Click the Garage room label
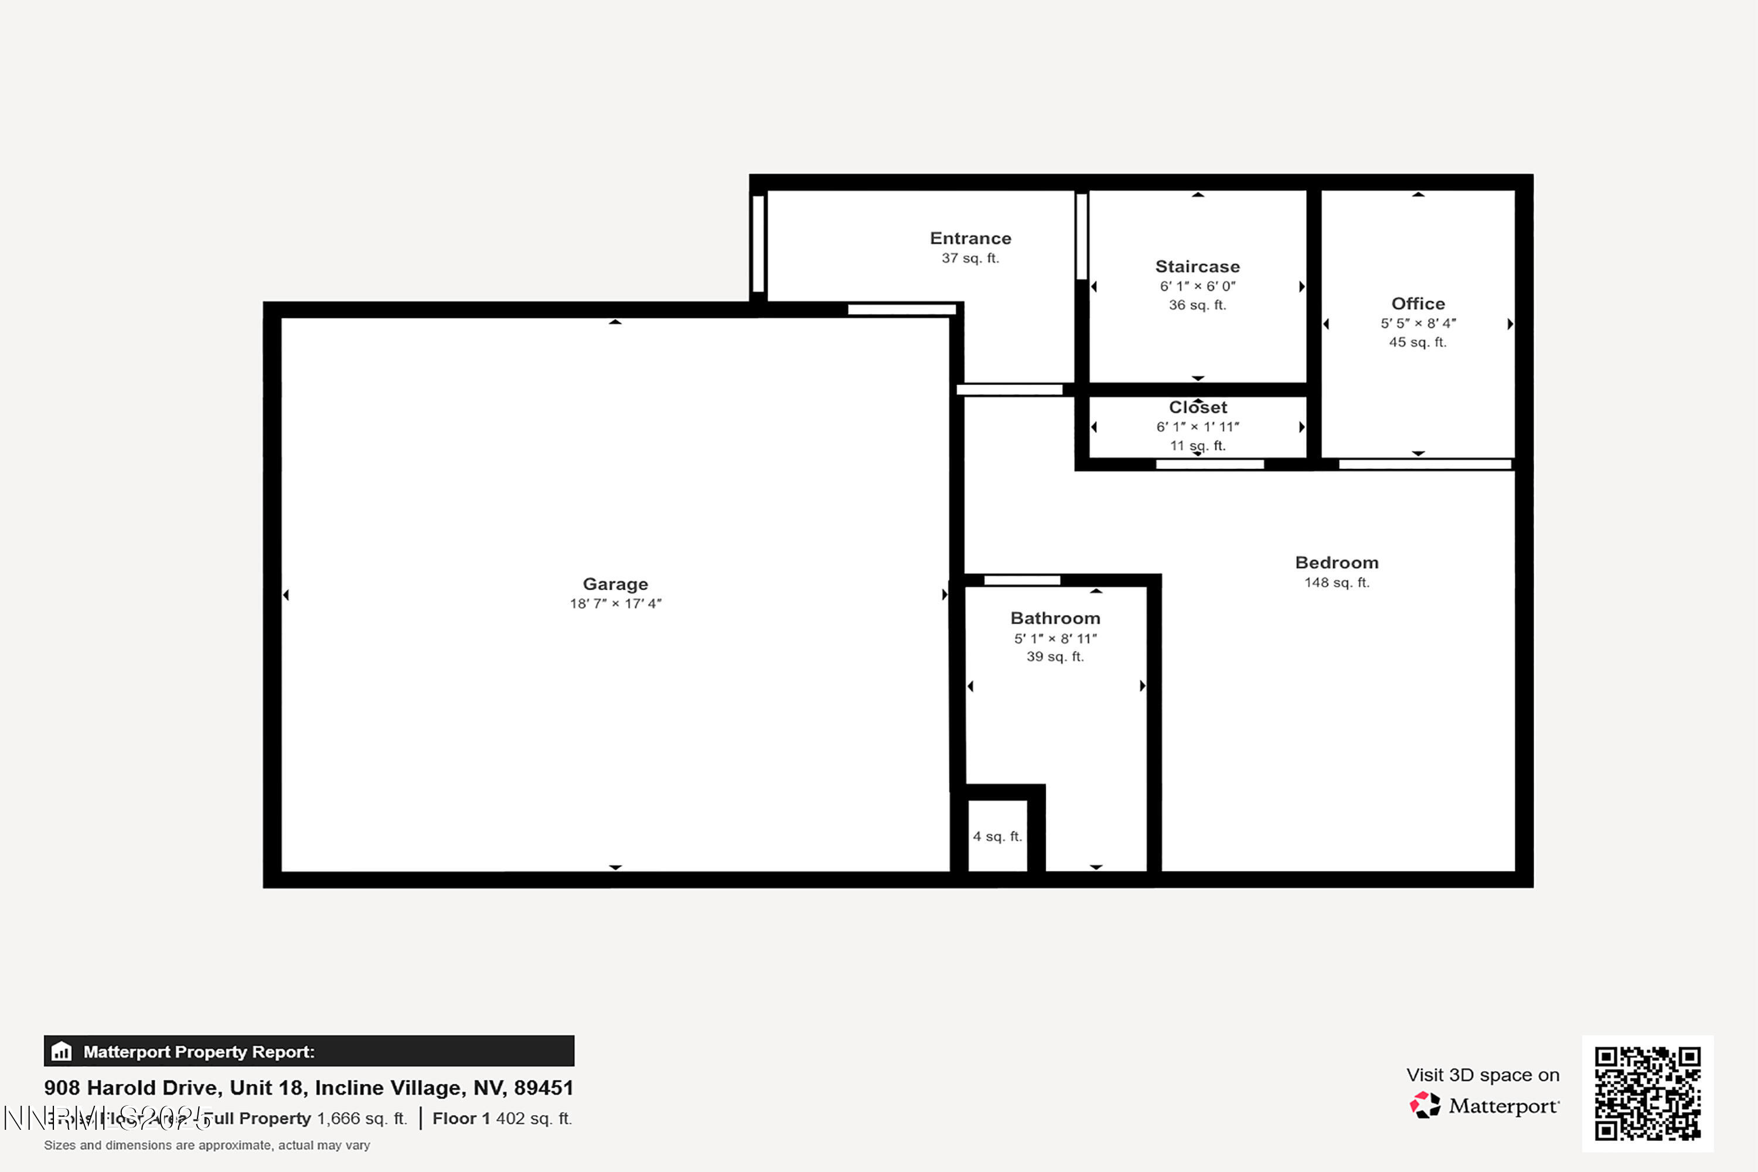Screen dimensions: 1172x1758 point(615,584)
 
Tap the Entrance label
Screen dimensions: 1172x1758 point(970,239)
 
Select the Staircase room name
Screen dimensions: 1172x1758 point(1197,267)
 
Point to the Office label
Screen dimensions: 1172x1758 point(1418,304)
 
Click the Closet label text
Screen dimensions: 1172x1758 point(1197,407)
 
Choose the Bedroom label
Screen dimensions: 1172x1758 point(1337,563)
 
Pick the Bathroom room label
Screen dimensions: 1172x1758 point(1055,618)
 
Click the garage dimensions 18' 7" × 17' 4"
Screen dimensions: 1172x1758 point(615,603)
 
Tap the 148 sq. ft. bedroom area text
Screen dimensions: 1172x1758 point(1337,582)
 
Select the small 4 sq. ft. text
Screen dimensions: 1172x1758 point(997,836)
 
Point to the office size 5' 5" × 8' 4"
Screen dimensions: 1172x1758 point(1418,323)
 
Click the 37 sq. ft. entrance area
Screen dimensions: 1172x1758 point(970,258)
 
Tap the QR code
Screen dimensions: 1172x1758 point(1647,1093)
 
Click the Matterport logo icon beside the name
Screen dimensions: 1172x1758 point(1425,1105)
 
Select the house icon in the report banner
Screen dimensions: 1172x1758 point(62,1052)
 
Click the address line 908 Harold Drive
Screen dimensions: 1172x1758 point(309,1088)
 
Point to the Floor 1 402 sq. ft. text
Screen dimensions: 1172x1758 point(502,1118)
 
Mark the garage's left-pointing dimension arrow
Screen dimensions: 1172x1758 point(287,595)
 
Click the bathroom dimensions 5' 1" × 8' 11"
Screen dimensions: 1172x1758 point(1055,638)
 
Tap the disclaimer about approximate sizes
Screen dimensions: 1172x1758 point(207,1145)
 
